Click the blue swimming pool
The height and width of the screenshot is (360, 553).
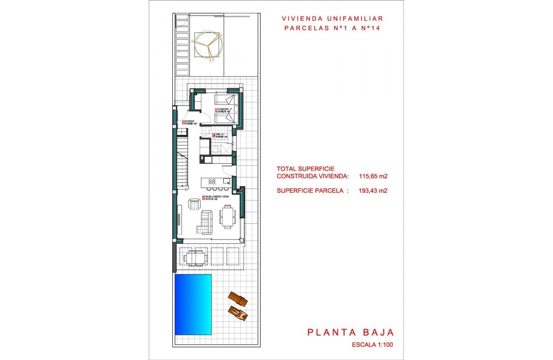[193, 304]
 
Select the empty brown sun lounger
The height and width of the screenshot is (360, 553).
[238, 298]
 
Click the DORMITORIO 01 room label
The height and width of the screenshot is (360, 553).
[225, 111]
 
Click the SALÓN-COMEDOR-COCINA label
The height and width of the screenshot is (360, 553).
[216, 197]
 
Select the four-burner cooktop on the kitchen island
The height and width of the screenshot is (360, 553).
[212, 181]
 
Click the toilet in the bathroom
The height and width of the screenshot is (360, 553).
[216, 149]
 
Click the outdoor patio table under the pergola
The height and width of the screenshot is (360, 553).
[195, 258]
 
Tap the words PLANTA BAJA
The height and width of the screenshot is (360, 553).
[350, 332]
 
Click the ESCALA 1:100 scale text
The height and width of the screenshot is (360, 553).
[372, 345]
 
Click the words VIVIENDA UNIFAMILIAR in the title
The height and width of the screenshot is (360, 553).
[332, 19]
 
